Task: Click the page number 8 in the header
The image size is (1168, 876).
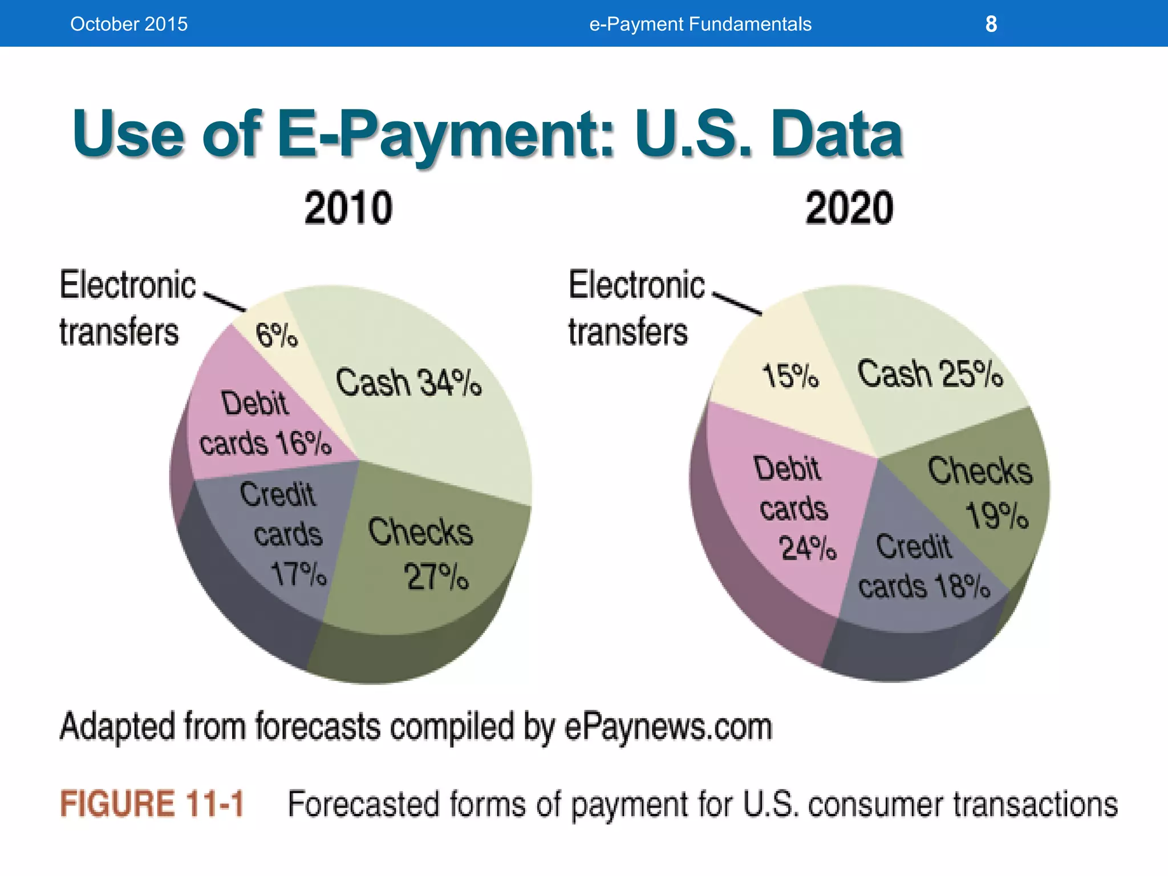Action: click(x=991, y=24)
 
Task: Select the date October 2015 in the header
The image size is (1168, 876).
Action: click(x=129, y=24)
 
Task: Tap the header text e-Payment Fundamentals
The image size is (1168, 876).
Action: click(x=700, y=24)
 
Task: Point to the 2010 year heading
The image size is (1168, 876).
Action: click(x=348, y=208)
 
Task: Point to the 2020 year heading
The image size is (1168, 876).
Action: click(x=849, y=208)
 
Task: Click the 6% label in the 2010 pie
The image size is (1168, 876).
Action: click(x=277, y=335)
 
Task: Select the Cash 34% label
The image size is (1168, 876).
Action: click(x=408, y=382)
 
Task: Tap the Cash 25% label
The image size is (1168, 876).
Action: click(x=930, y=374)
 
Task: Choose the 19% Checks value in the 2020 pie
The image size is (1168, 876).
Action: click(x=997, y=516)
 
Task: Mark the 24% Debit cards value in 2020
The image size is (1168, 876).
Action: click(x=808, y=549)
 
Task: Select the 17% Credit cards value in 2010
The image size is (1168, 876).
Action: click(x=298, y=573)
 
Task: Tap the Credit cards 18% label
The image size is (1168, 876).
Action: click(x=923, y=566)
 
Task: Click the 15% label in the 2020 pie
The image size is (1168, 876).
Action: click(x=790, y=376)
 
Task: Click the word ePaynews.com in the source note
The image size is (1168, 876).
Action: click(x=668, y=727)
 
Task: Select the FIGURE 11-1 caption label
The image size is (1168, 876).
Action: click(x=152, y=804)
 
